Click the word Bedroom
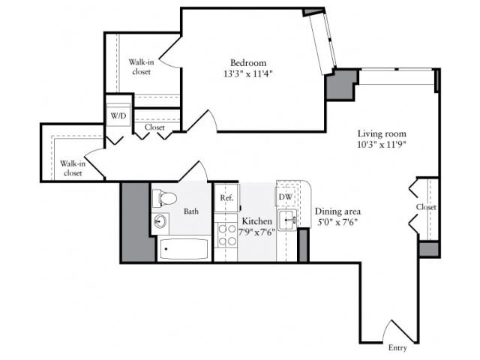[x=248, y=63]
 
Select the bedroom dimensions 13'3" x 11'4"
[x=248, y=74]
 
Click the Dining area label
[x=337, y=211]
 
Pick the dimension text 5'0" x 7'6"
[x=337, y=222]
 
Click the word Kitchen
[x=256, y=221]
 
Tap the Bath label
[x=192, y=211]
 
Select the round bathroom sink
[x=160, y=222]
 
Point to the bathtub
[x=184, y=249]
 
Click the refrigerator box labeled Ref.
[x=226, y=198]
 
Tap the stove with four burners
[x=226, y=235]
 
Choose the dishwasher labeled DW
[x=286, y=197]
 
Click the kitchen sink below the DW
[x=287, y=220]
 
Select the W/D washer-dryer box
[x=118, y=116]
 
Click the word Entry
[x=397, y=348]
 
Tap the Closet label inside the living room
[x=426, y=207]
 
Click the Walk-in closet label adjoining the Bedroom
[x=141, y=67]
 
